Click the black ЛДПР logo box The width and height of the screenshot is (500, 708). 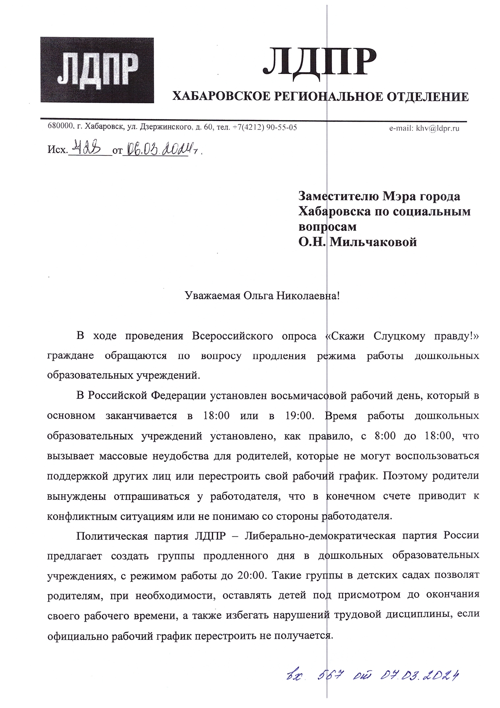point(97,70)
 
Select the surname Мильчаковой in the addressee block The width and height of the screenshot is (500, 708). point(373,242)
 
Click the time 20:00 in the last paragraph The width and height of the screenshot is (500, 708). point(252,575)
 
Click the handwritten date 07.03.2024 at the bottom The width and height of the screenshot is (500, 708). point(419,675)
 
